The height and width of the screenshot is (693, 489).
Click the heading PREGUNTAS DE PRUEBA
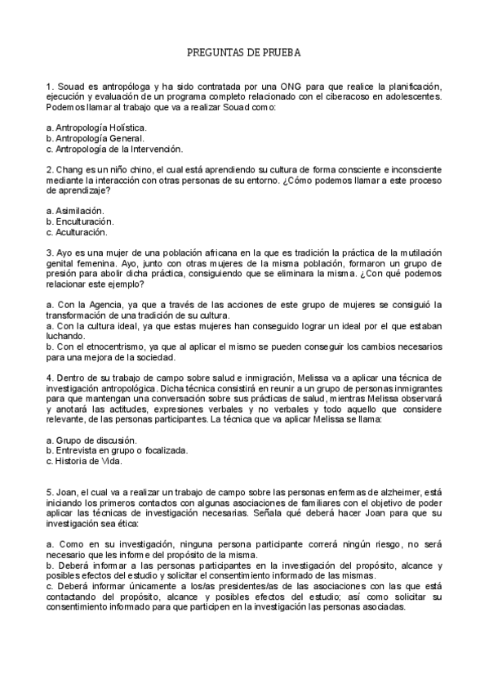[x=244, y=51]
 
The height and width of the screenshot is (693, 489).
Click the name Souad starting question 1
[x=69, y=87]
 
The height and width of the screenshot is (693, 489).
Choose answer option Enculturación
[x=83, y=221]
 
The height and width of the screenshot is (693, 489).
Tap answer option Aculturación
[x=82, y=231]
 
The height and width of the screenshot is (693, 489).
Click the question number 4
[x=51, y=378]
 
